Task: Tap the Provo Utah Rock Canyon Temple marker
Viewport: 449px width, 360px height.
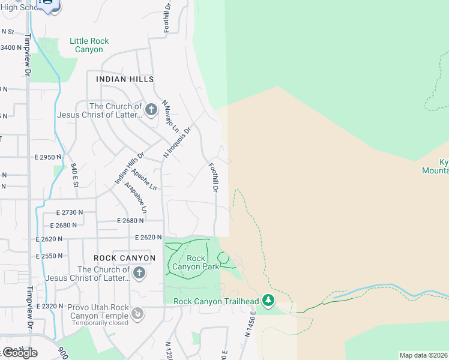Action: tap(137, 313)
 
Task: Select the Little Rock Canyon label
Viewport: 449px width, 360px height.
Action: tap(89, 45)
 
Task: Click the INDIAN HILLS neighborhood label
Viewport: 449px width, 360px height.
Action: tap(125, 79)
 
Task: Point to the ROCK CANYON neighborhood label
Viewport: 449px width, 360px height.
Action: tap(125, 258)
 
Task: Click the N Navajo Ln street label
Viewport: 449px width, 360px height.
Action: tap(171, 118)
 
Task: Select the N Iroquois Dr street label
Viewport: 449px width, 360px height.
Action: tap(178, 142)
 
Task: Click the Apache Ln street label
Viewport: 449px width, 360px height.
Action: tap(144, 179)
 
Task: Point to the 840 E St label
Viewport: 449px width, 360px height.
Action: tap(74, 175)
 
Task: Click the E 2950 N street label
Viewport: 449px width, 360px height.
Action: tap(49, 157)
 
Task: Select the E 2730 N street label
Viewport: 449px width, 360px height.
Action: tap(70, 213)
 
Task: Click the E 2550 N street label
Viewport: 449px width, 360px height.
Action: tap(50, 256)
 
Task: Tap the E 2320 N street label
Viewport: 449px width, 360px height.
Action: tap(50, 306)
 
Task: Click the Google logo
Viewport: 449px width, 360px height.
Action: tap(20, 352)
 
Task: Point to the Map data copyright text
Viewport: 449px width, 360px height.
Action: tap(424, 355)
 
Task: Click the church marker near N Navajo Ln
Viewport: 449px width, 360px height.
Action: tap(151, 110)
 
